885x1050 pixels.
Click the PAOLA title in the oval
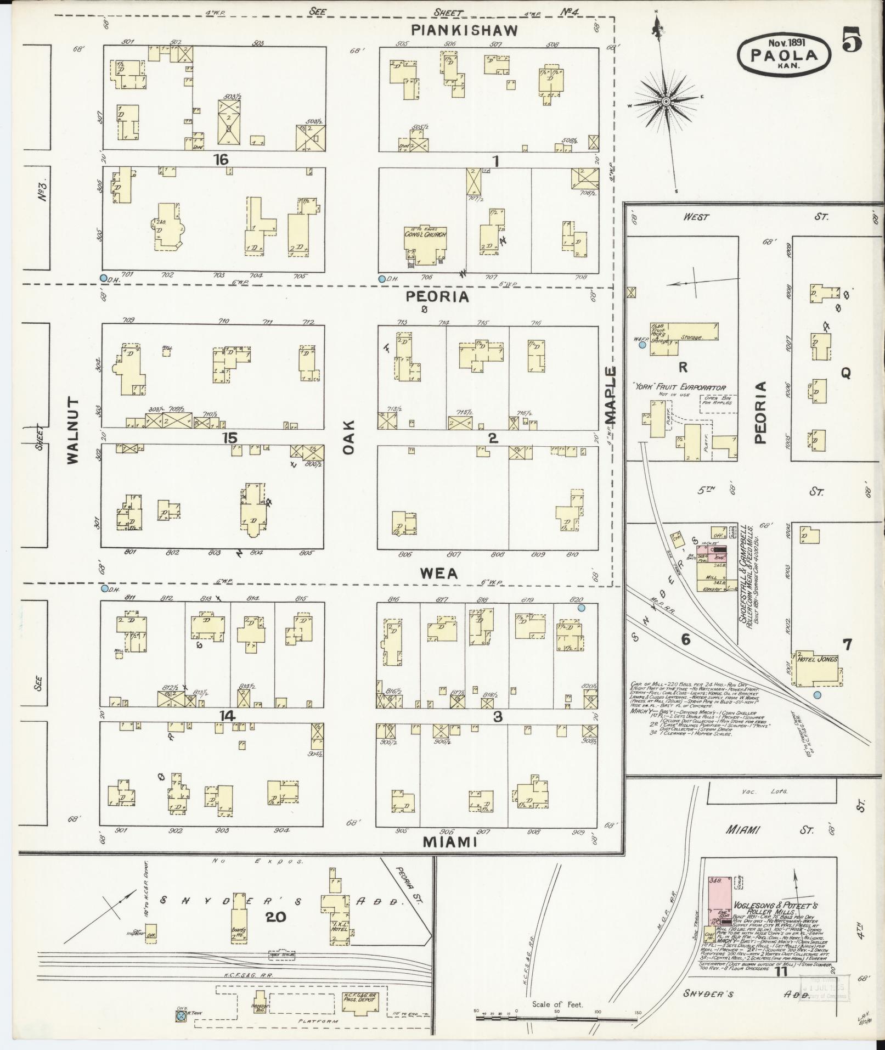click(x=783, y=55)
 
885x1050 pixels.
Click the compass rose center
click(x=666, y=102)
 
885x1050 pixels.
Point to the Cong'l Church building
click(x=425, y=242)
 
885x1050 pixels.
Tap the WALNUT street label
click(x=74, y=431)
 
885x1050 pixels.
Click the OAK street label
click(x=350, y=437)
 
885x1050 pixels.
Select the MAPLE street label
click(x=611, y=395)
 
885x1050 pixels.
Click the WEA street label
click(x=439, y=574)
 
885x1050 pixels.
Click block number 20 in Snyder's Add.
click(x=276, y=917)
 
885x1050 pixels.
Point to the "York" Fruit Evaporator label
click(x=679, y=388)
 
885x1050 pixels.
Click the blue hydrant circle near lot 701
click(x=103, y=278)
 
